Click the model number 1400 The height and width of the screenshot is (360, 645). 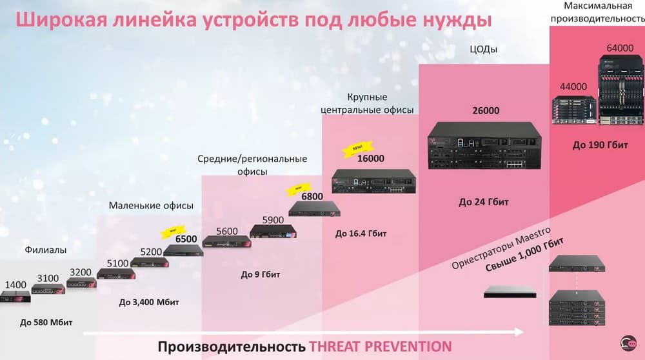15,285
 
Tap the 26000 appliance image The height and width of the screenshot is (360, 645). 484,146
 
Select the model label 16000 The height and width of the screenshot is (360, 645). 371,159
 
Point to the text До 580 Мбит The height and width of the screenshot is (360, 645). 46,323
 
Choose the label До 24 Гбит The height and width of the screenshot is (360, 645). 484,202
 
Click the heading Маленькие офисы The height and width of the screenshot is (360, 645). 151,205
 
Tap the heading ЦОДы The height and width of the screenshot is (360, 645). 483,50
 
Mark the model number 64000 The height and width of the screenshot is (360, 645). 620,48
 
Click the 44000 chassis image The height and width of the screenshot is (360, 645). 573,110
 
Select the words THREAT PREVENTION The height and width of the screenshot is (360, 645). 381,346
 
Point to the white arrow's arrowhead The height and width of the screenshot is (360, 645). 519,332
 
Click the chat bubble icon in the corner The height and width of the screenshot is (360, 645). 628,343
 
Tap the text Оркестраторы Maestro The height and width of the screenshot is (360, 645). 501,248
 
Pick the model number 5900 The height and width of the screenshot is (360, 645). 273,220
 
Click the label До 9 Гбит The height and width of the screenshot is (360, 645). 261,274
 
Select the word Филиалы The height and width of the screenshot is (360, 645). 46,250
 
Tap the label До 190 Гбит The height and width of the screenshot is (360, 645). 600,145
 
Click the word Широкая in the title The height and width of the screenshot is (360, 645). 61,20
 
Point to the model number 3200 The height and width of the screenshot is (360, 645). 81,272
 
